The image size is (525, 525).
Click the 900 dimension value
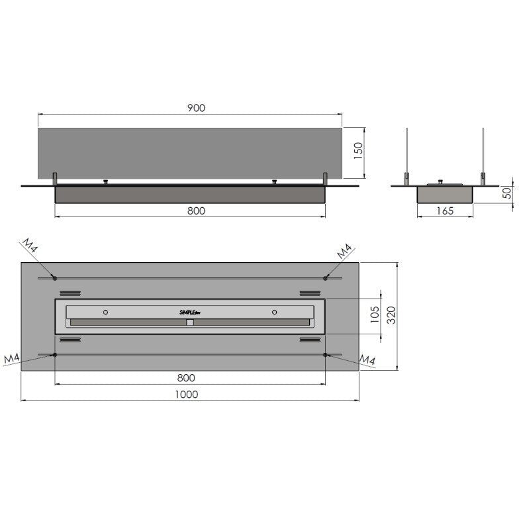195,108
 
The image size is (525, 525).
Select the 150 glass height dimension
358,152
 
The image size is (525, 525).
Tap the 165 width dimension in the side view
445,211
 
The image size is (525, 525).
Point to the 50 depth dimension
507,194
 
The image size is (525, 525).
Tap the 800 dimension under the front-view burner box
196,211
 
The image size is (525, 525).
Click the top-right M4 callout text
344,252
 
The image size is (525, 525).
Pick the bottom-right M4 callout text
367,359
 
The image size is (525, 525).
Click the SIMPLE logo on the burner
189,312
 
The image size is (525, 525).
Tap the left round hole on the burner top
105,311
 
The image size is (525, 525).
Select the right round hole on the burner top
273,311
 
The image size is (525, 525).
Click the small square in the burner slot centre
190,323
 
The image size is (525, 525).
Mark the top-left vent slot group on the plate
70,293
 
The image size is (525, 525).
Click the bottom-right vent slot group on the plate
310,340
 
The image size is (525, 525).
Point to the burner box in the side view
444,193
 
